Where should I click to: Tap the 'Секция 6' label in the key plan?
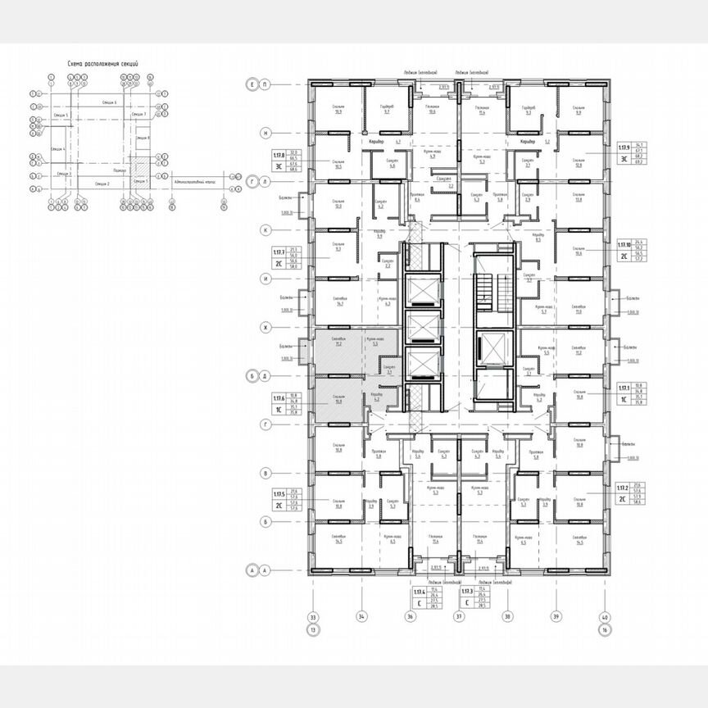point(110,102)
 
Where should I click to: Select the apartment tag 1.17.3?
point(467,590)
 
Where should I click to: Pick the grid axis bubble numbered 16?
point(606,629)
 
